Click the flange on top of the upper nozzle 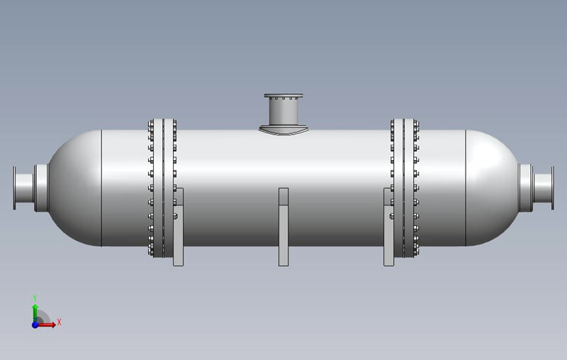click(283, 96)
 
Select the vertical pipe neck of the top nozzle click(283, 112)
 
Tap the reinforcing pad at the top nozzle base click(283, 130)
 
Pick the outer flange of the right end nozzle click(552, 188)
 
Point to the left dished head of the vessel click(74, 188)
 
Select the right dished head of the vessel click(493, 188)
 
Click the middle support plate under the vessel click(283, 227)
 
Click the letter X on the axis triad click(60, 322)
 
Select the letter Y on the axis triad click(35, 298)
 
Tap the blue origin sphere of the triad click(35, 325)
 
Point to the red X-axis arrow click(48, 325)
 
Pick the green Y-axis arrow click(35, 310)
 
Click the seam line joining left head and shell click(102, 188)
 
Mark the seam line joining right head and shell click(466, 188)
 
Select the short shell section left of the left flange click(125, 188)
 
